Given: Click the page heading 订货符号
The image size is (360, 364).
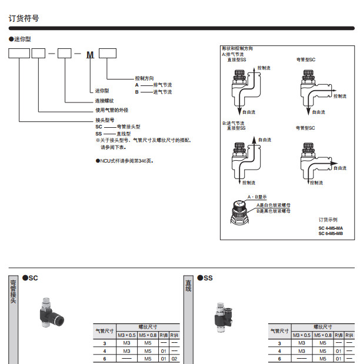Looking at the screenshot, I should tap(24, 18).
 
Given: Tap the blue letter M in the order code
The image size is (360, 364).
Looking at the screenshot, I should tap(90, 55).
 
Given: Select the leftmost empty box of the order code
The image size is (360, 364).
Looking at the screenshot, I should tap(19, 55).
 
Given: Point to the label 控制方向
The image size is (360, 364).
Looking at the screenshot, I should tap(145, 78).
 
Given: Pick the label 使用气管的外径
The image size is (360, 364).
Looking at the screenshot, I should tap(112, 110).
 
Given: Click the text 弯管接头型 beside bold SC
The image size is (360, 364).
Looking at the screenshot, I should tap(128, 127).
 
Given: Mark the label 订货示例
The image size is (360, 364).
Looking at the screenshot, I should tap(328, 219).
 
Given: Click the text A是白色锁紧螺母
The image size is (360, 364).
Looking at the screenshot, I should tap(274, 204).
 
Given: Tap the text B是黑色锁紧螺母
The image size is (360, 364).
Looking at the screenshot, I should tap(274, 210).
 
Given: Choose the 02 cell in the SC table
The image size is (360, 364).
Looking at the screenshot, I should tap(174, 358).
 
